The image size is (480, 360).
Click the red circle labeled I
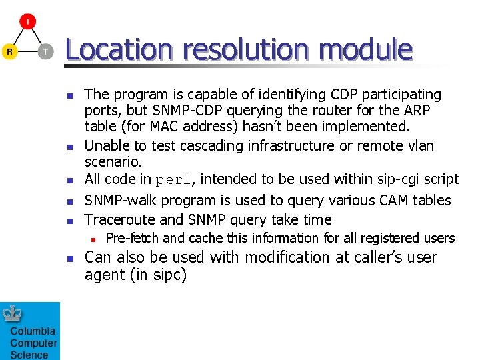point(27,21)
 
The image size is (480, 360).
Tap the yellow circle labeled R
point(9,51)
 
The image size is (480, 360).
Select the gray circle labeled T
point(45,51)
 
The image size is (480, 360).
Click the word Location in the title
point(119,50)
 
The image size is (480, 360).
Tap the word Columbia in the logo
point(33,331)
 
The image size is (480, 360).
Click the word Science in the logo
point(29,355)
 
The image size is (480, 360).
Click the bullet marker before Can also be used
point(69,259)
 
